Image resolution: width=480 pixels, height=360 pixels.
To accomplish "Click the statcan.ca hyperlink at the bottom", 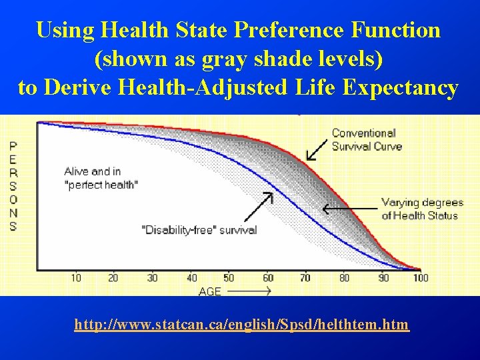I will coord(241,325).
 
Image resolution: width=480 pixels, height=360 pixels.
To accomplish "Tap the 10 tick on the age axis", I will coord(76,278).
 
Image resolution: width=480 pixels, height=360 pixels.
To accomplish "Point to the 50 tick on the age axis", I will coord(229,278).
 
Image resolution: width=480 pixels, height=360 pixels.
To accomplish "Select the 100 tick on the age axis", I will coord(420,278).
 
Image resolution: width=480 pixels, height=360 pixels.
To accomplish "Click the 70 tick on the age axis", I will coord(305,278).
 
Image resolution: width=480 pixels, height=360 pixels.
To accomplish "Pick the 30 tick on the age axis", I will coord(153,278).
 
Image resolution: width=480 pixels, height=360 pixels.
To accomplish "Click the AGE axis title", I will coord(210,291).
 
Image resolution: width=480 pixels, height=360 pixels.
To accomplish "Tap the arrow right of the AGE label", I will coord(254,291).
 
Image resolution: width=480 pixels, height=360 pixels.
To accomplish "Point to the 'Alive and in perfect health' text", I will coord(101,177).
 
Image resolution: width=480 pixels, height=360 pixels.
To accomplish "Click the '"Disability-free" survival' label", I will coord(199,229).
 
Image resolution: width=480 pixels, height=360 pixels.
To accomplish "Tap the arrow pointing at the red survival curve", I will coord(317,149).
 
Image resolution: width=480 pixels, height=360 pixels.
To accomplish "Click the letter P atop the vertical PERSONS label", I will coord(13,146).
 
